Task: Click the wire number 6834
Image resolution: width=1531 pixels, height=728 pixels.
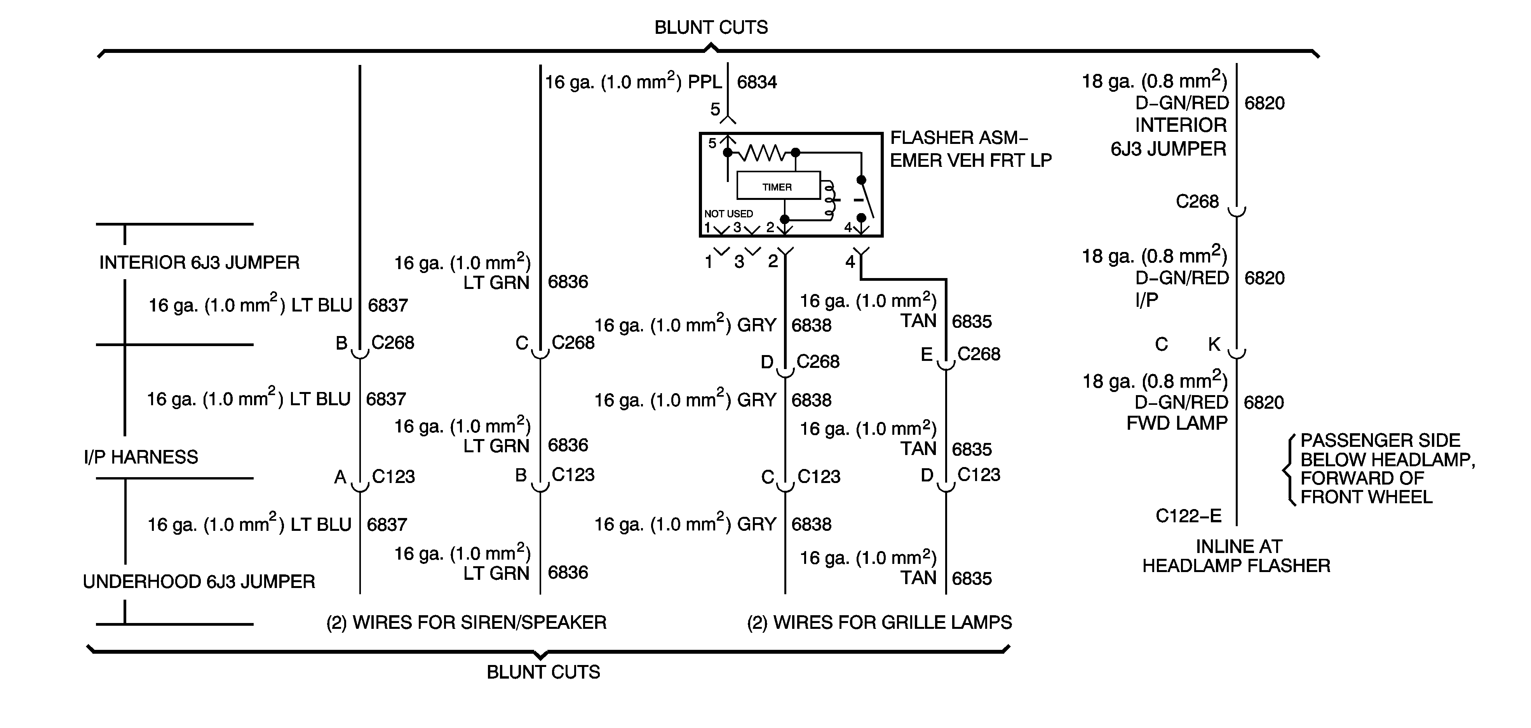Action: (x=757, y=82)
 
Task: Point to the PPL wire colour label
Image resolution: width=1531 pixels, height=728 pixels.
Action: (x=705, y=82)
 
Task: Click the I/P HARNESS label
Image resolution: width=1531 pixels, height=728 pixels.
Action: (x=141, y=457)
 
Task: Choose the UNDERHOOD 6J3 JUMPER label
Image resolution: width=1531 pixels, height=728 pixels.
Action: (x=199, y=581)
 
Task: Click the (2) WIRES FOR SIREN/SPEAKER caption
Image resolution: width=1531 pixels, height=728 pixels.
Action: (x=467, y=622)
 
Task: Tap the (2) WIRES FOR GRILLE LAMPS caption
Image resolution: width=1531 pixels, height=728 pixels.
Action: (x=880, y=622)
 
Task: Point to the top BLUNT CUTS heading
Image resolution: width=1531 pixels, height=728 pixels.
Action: (x=711, y=27)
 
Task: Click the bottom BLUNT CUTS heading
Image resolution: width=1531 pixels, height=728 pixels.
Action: (x=543, y=672)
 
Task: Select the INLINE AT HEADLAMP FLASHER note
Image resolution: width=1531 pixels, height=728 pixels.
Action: (x=1236, y=555)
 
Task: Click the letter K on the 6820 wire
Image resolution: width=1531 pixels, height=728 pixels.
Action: (x=1214, y=344)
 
